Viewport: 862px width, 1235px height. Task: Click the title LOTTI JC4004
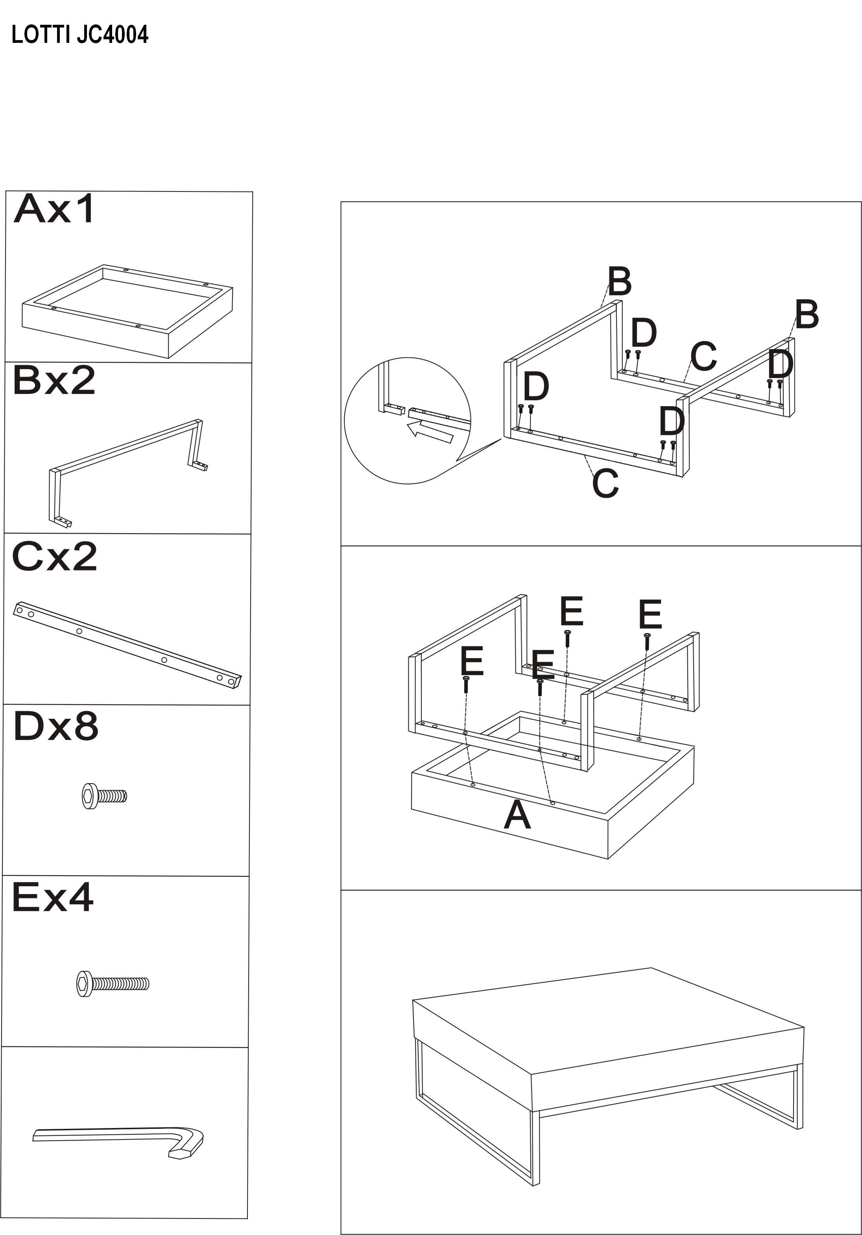pos(79,35)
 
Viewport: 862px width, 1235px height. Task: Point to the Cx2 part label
pos(54,556)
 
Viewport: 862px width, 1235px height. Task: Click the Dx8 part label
pos(56,726)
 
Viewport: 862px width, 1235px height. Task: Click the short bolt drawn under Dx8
pos(104,795)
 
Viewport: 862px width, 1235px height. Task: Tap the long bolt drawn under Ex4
pos(113,984)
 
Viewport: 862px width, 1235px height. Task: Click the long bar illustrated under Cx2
pos(127,644)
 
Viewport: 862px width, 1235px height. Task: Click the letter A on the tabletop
pos(517,815)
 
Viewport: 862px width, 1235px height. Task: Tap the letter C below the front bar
pos(605,483)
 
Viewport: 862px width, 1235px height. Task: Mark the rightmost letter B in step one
pos(807,315)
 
